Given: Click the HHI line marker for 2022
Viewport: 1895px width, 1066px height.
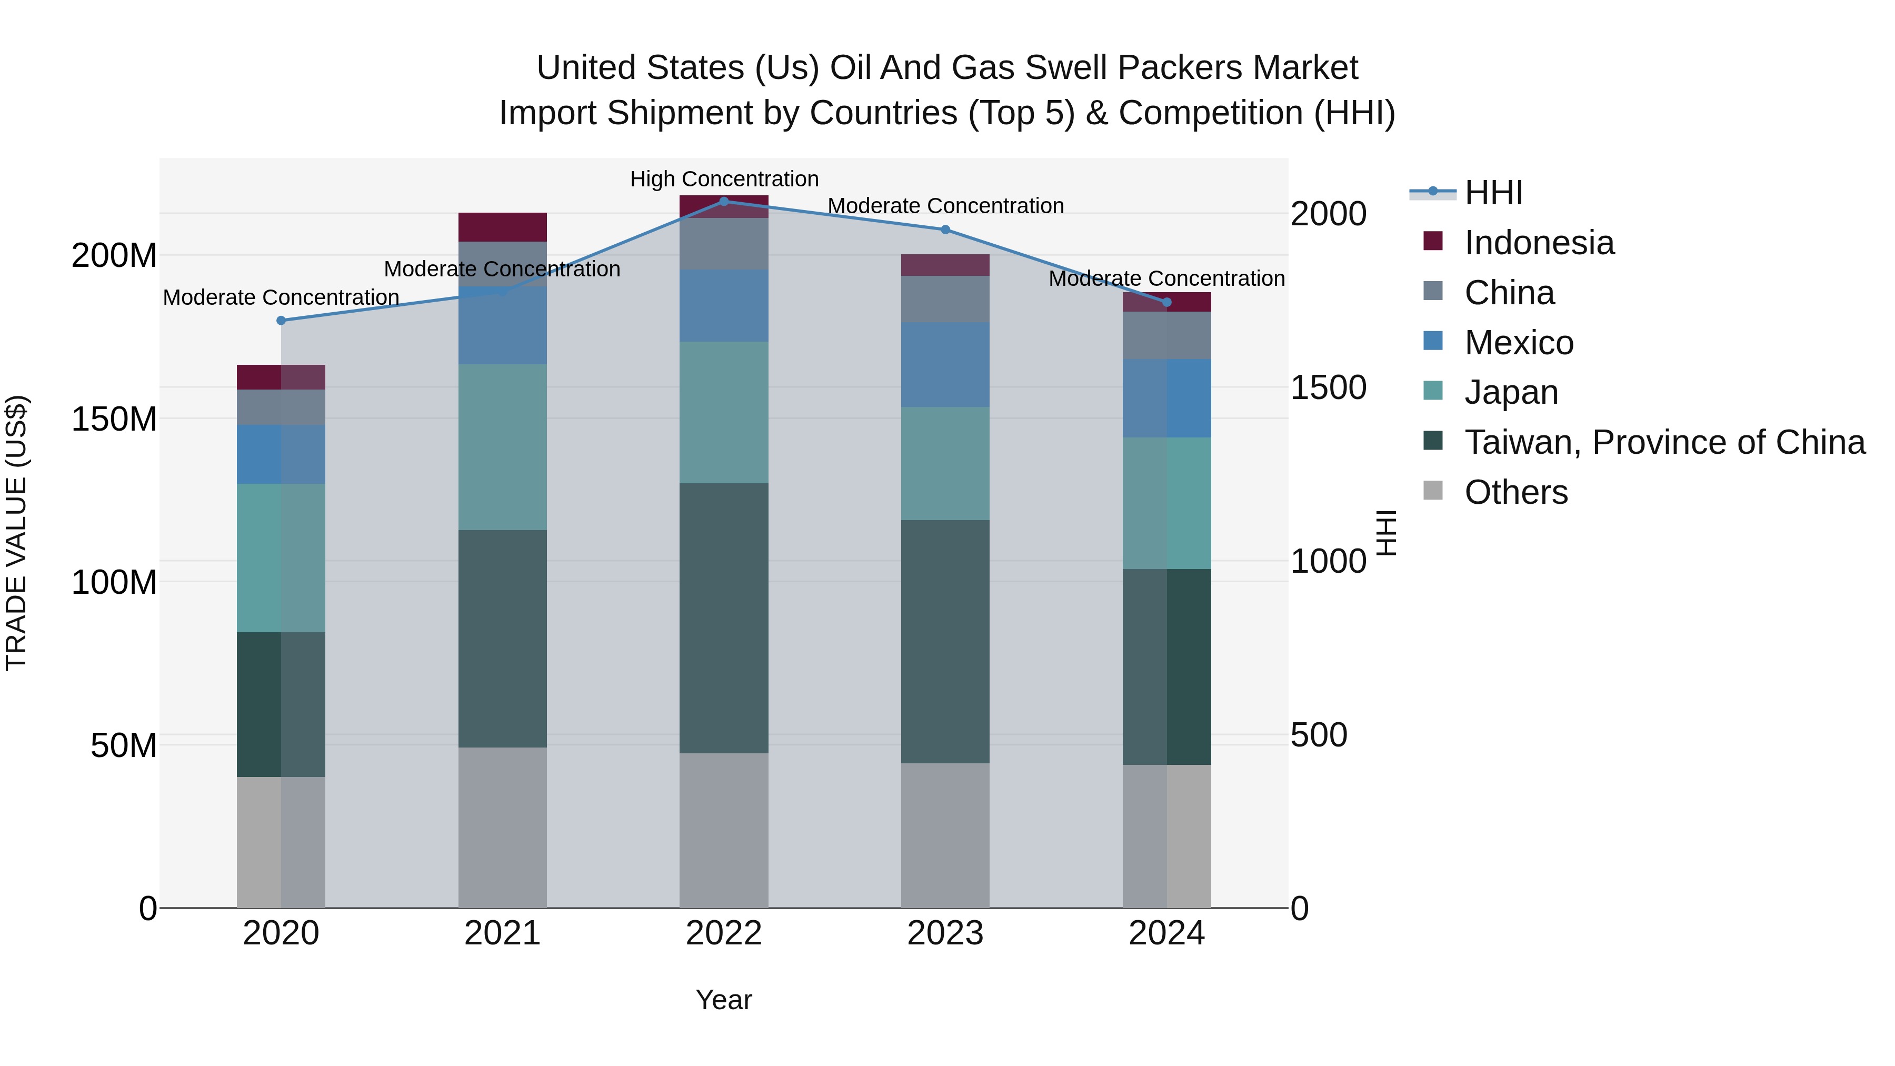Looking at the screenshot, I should point(724,201).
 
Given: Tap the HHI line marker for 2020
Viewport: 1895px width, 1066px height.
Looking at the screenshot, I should point(281,320).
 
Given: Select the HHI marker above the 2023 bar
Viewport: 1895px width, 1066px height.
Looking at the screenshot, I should point(945,230).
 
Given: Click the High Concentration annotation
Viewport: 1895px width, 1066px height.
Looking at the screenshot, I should point(724,179).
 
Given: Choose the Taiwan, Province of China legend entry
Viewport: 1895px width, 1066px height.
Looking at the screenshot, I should point(1664,442).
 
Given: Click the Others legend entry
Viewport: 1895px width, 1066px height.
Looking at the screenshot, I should point(1515,492).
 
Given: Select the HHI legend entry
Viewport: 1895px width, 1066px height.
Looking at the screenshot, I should point(1493,193).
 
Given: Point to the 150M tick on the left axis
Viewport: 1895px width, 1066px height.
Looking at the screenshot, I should point(114,420).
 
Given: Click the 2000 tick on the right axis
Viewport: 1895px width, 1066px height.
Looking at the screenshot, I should point(1329,214).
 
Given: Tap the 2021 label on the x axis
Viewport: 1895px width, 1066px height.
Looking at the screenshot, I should point(503,933).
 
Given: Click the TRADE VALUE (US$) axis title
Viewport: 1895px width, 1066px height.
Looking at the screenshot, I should point(16,533).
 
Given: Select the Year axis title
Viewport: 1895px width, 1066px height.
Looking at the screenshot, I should point(724,1000).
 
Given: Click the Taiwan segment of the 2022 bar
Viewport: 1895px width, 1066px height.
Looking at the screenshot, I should point(724,618).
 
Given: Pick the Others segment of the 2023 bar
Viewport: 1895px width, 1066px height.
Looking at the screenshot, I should point(945,835).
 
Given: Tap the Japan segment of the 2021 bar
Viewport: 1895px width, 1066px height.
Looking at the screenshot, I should point(503,446).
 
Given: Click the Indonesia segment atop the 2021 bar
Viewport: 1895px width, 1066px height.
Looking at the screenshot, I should point(503,226).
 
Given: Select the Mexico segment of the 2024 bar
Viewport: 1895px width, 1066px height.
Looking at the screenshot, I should point(1166,398).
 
